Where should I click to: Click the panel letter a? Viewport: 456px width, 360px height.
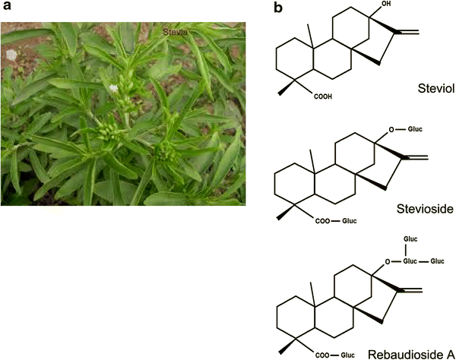(x=5, y=8)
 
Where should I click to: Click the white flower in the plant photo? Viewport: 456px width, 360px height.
(x=114, y=89)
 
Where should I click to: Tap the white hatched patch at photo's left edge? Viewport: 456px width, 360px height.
(x=11, y=55)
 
